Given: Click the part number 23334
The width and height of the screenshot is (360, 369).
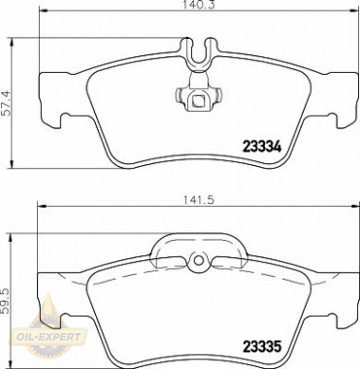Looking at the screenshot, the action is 262,148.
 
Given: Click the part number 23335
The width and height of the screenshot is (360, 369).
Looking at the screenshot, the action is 262,347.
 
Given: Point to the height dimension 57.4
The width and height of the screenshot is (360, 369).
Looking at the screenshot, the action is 7,103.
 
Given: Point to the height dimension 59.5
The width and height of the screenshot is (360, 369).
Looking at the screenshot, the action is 6,301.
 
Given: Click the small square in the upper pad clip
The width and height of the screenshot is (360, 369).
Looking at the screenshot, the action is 197,101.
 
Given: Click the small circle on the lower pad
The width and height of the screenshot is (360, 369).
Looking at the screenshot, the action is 199,259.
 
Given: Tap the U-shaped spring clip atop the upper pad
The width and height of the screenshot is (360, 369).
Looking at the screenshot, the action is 199,53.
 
